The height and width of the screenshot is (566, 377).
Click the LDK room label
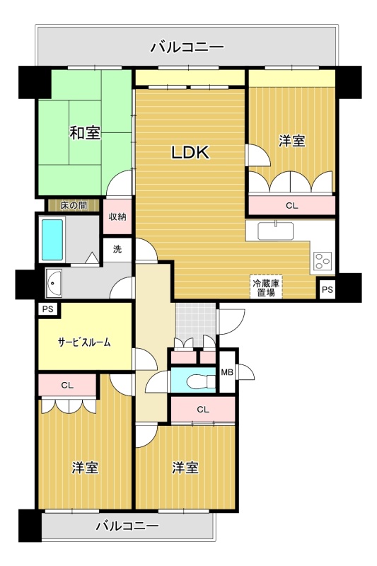[x=190, y=152]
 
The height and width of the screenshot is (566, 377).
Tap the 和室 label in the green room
[x=85, y=133]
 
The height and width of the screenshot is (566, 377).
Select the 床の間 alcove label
[x=74, y=206]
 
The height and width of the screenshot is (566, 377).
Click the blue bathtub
[x=52, y=239]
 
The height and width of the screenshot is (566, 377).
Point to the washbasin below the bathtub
[x=54, y=283]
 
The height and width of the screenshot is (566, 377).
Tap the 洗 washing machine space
[x=117, y=249]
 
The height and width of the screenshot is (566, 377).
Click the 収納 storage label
[x=117, y=216]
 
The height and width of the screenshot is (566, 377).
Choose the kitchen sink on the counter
[x=276, y=231]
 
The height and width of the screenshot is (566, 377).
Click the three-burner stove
[x=323, y=260]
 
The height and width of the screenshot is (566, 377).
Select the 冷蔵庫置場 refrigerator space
[x=266, y=288]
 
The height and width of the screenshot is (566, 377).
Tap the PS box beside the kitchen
[x=327, y=289]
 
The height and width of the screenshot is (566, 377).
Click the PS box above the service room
[x=47, y=309]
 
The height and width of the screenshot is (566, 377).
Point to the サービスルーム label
[x=84, y=342]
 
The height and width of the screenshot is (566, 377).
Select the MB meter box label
[x=227, y=372]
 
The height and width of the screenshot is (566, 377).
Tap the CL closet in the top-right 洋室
[x=292, y=206]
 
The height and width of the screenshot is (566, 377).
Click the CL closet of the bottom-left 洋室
[x=67, y=385]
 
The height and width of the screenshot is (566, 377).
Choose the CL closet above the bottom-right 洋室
[x=203, y=410]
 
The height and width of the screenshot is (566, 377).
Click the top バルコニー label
[x=187, y=47]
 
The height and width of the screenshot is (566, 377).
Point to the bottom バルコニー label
[x=127, y=526]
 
